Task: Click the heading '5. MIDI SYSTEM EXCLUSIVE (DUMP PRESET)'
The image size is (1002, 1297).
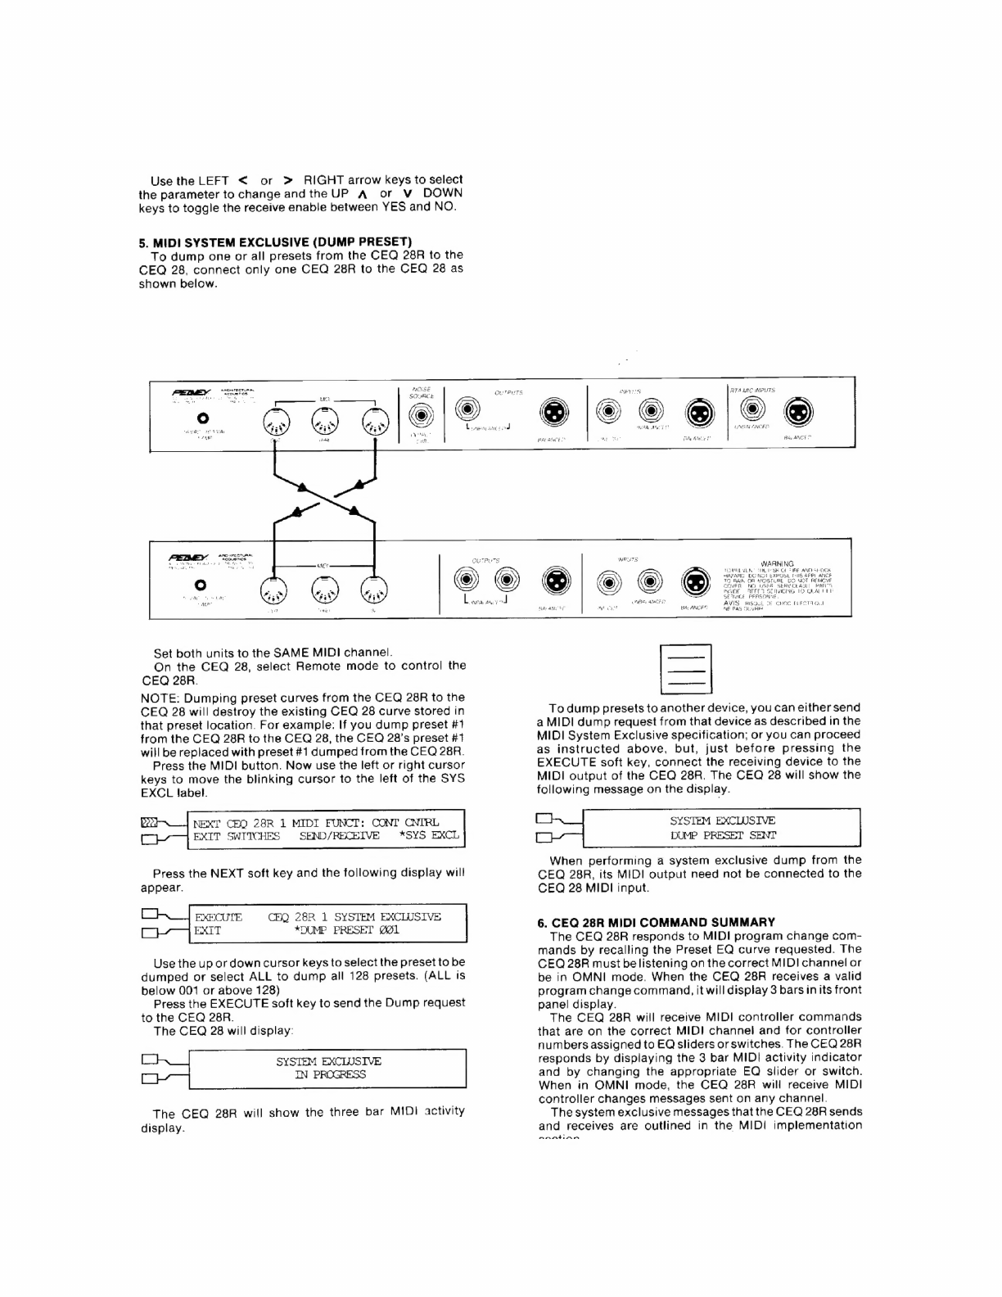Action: click(274, 242)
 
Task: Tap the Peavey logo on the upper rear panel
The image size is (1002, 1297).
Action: click(189, 392)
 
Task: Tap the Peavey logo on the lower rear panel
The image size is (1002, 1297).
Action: click(187, 556)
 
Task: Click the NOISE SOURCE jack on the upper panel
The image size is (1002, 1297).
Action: click(421, 415)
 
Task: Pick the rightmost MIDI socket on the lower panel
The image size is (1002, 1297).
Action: click(372, 589)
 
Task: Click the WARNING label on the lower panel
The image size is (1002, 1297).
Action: click(777, 563)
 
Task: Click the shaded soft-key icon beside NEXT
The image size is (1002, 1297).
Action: click(150, 821)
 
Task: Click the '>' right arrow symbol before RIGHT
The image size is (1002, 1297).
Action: click(288, 179)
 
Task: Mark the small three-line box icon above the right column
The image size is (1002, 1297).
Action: click(685, 669)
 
